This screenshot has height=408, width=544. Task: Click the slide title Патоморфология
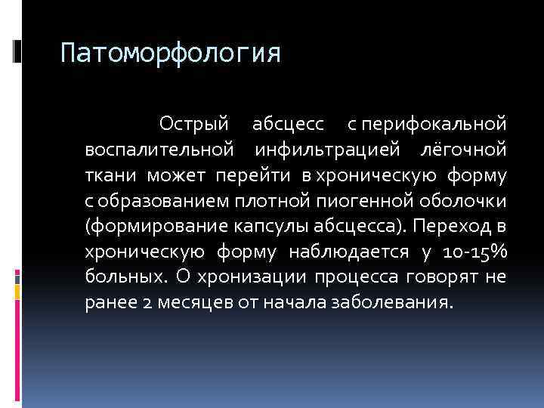170,54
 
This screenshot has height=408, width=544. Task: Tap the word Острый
193,122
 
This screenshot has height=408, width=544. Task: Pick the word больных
125,277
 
